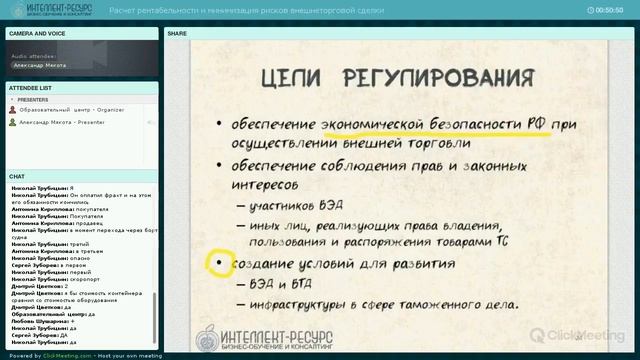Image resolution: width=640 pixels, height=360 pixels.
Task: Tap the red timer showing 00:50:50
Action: [608, 10]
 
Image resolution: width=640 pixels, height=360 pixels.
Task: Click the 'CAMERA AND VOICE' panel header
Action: [37, 33]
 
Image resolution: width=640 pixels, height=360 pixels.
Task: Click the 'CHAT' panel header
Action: [17, 176]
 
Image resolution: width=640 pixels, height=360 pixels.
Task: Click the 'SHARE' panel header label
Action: [177, 33]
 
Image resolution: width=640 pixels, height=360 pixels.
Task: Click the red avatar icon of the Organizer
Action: [12, 110]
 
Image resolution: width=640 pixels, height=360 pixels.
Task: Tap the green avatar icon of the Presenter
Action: [12, 121]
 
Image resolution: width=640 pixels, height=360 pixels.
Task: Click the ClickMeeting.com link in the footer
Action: [59, 355]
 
